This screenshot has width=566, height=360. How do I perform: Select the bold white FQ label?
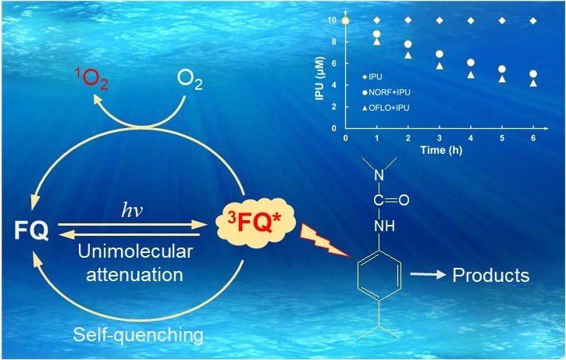point(31,230)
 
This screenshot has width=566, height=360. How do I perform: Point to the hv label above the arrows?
point(133,209)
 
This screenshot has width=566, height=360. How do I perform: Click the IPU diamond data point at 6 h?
point(533,20)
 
